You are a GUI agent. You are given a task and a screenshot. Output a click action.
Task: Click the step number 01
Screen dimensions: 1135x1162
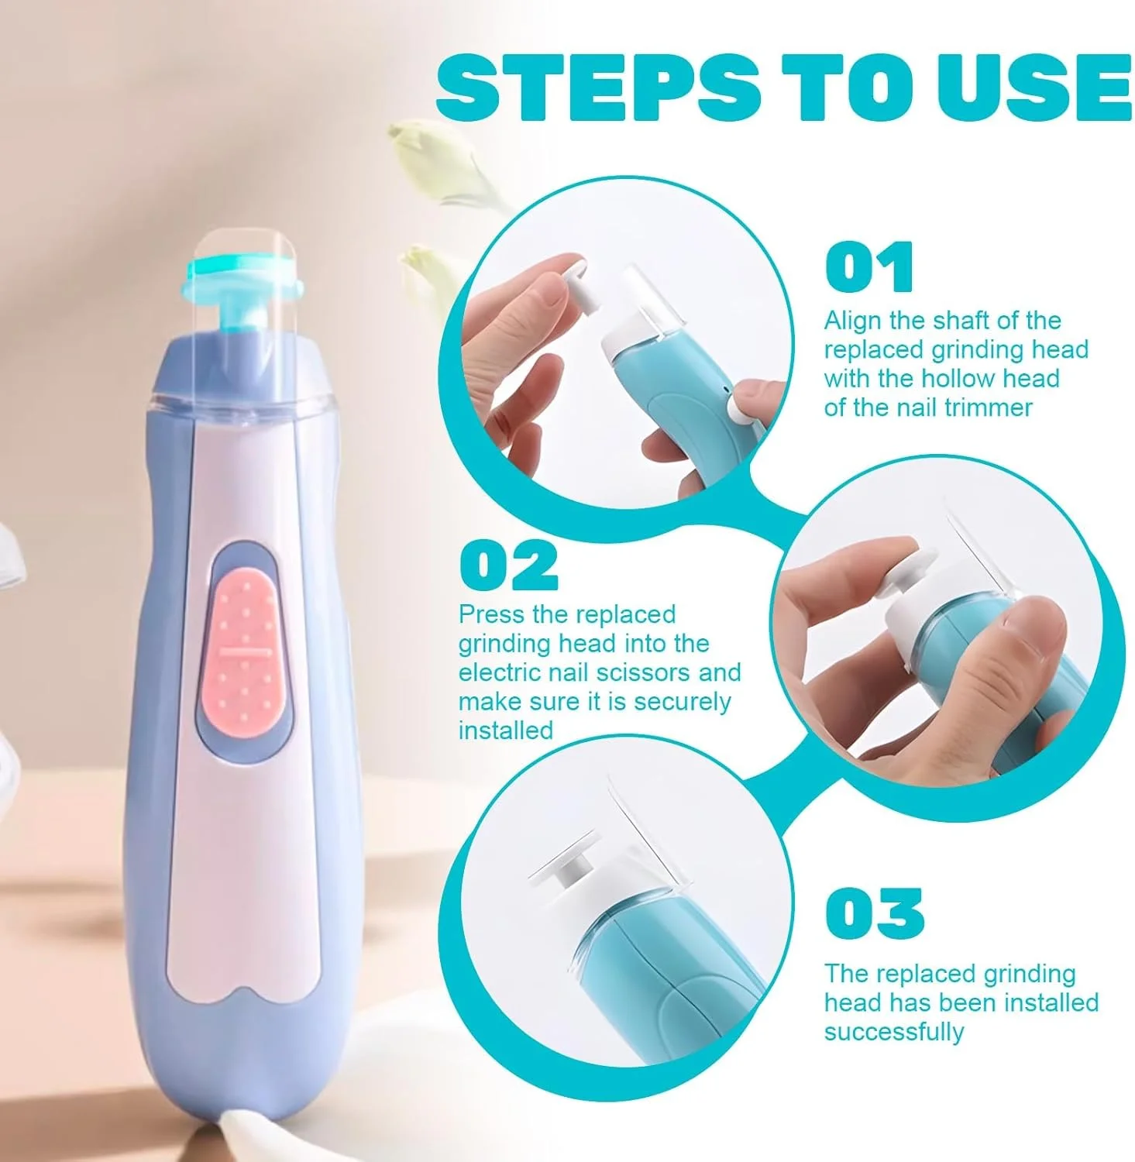869,267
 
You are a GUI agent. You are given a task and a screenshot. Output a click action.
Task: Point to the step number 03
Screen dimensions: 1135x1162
874,913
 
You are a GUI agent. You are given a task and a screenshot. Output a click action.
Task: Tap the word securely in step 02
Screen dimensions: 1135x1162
682,703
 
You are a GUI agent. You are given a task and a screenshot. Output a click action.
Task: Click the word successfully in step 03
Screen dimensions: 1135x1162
894,1033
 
